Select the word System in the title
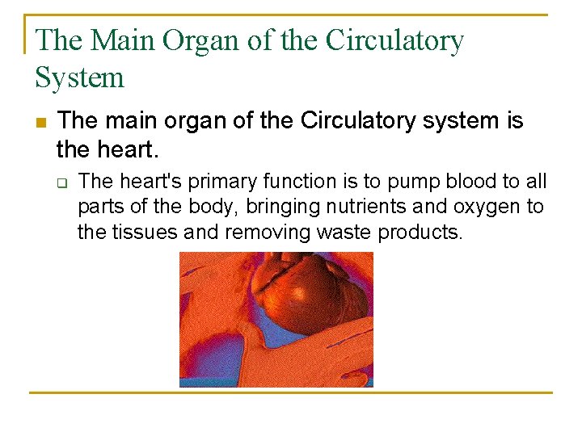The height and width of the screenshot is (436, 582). (80, 78)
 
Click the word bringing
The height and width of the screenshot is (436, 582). (275, 208)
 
